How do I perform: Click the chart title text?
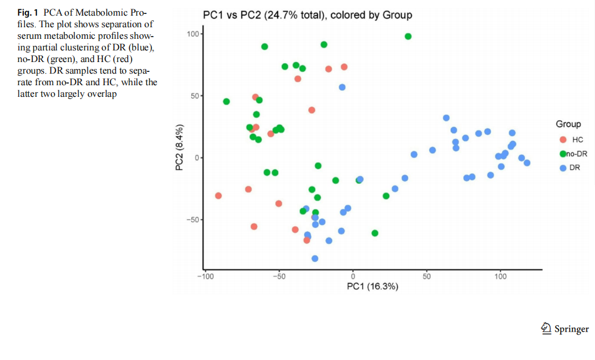tap(307, 15)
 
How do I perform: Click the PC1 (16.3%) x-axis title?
tap(372, 286)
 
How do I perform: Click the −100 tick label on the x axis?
tap(205, 277)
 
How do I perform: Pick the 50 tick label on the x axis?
tap(426, 277)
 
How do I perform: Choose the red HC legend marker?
tap(563, 140)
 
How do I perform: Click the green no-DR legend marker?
tap(563, 154)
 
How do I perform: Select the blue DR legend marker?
tap(563, 168)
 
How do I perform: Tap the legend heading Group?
tap(568, 124)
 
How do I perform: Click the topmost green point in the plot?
tap(408, 36)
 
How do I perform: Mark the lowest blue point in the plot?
tap(315, 259)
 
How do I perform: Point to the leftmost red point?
tap(218, 196)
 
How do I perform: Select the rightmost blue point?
tap(527, 163)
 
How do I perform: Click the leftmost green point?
tap(227, 101)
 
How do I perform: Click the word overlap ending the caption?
tap(103, 94)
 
